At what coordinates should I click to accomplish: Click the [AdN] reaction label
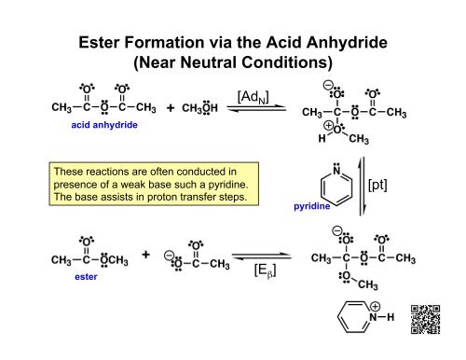click(254, 96)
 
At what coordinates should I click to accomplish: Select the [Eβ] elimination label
click(263, 271)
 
